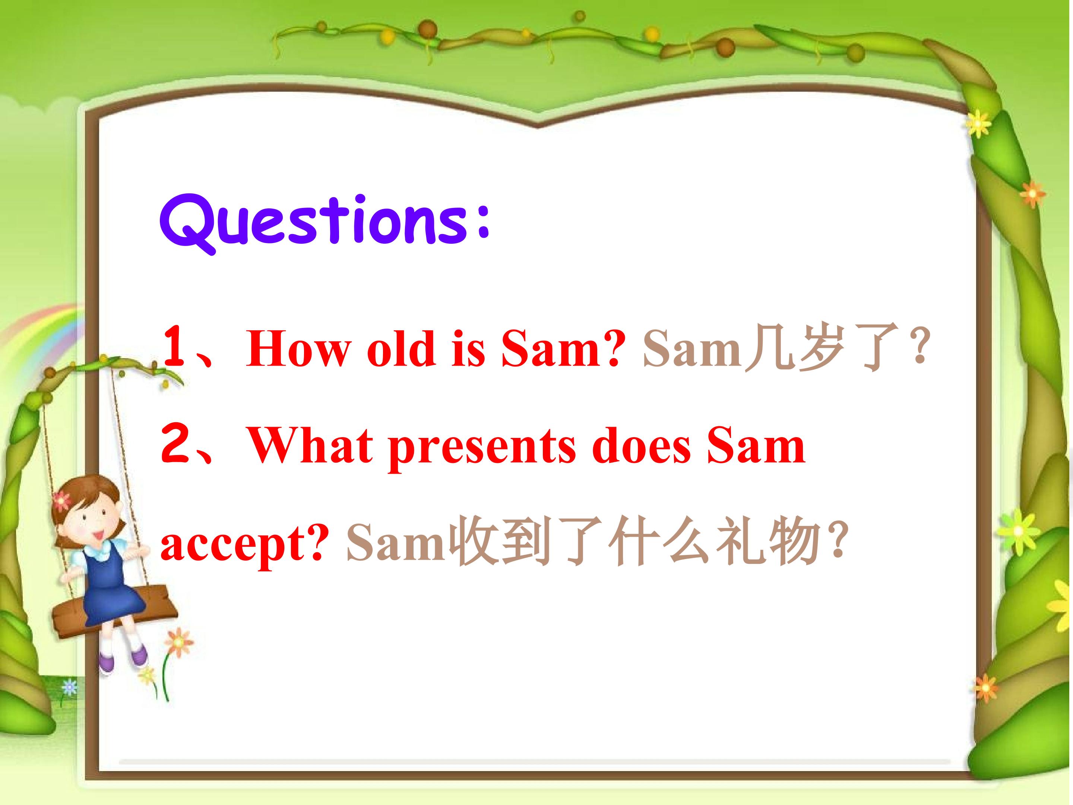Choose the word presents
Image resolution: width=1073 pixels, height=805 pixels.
tap(482, 449)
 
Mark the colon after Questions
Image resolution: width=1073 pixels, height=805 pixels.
tap(482, 223)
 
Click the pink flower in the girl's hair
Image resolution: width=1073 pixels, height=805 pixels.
tap(61, 500)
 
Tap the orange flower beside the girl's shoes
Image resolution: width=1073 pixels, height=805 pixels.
tap(178, 643)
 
